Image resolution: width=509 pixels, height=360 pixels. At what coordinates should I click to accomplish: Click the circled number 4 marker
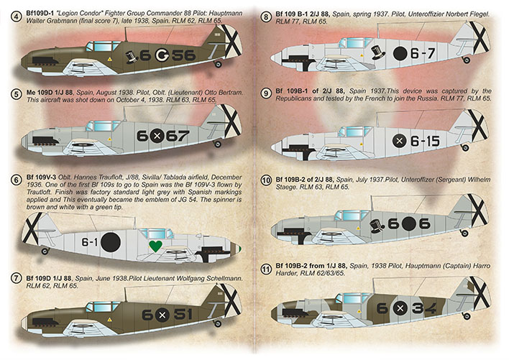pyautogui.click(x=16, y=17)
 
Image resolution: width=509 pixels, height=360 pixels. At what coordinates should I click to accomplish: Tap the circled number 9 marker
pyautogui.click(x=266, y=93)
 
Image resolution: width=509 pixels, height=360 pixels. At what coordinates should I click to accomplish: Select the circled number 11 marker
pyautogui.click(x=266, y=269)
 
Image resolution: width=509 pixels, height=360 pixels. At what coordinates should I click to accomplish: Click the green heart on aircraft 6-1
pyautogui.click(x=156, y=246)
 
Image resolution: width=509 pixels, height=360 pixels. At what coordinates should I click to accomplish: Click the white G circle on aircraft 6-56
pyautogui.click(x=161, y=55)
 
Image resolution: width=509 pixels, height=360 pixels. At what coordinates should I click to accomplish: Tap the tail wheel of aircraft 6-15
pyautogui.click(x=465, y=147)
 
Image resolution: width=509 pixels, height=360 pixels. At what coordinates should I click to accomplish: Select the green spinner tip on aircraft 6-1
pyautogui.click(x=239, y=249)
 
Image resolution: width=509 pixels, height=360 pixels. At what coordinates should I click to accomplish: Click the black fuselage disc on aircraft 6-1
pyautogui.click(x=111, y=242)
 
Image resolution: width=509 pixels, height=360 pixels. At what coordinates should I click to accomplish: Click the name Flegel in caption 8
pyautogui.click(x=480, y=14)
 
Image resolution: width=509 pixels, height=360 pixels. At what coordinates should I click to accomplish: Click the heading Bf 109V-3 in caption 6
pyautogui.click(x=41, y=177)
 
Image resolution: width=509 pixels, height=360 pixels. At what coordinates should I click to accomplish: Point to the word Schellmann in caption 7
pyautogui.click(x=226, y=279)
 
